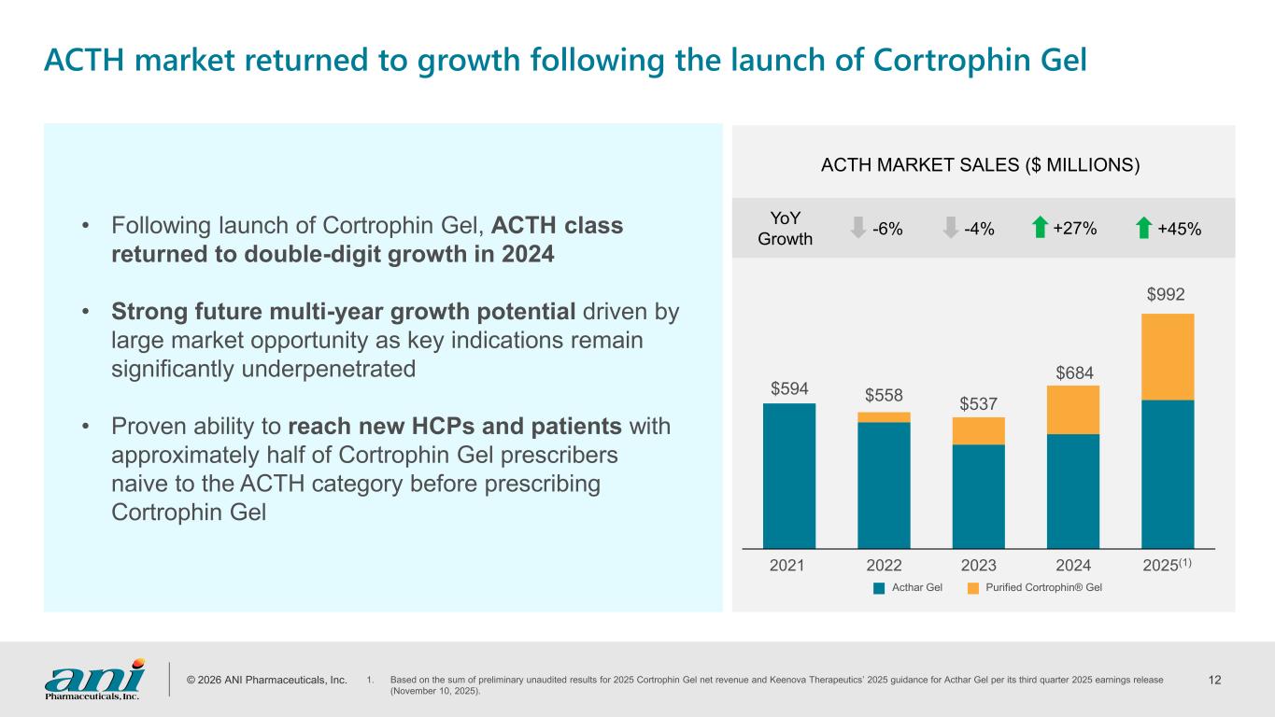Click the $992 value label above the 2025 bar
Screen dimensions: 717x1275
(1167, 295)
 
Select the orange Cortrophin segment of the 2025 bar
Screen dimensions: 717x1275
(1167, 357)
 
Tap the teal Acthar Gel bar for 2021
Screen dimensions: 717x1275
(789, 475)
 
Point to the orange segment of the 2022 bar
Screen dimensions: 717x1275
(884, 417)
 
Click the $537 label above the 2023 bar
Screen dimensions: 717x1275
(978, 403)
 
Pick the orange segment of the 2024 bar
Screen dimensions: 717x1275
(1072, 410)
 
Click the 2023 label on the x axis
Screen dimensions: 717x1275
(978, 565)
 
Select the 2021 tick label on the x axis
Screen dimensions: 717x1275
(789, 565)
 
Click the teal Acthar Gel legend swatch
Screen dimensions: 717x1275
(879, 588)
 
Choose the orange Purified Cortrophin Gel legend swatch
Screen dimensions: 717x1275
(972, 588)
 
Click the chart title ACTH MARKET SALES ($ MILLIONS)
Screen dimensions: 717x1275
(981, 165)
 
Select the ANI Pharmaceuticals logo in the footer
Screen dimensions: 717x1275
(93, 678)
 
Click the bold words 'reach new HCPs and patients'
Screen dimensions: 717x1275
(455, 427)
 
